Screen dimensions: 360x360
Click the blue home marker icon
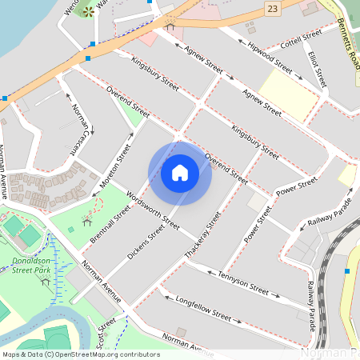click(180, 173)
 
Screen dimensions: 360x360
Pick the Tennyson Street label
click(242, 280)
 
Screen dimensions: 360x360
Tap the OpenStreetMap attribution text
click(81, 354)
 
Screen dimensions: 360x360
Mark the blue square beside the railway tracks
click(346, 270)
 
